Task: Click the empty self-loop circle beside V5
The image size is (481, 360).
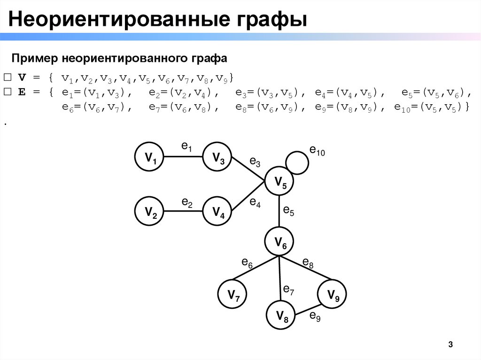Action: (297, 162)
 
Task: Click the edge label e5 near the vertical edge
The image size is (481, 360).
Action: (288, 211)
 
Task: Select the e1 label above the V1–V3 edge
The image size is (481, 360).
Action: (186, 147)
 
